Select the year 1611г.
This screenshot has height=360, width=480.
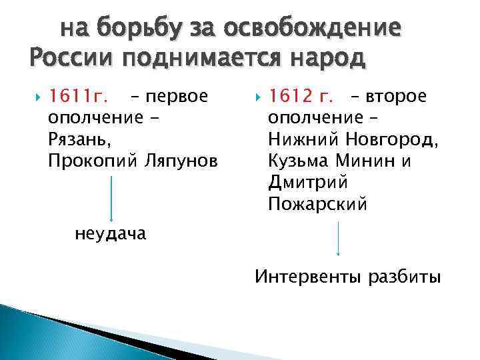[x=78, y=98]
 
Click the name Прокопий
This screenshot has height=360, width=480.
[x=91, y=162]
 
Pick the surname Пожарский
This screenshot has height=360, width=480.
[x=317, y=204]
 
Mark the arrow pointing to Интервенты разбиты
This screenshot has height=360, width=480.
[x=339, y=238]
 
